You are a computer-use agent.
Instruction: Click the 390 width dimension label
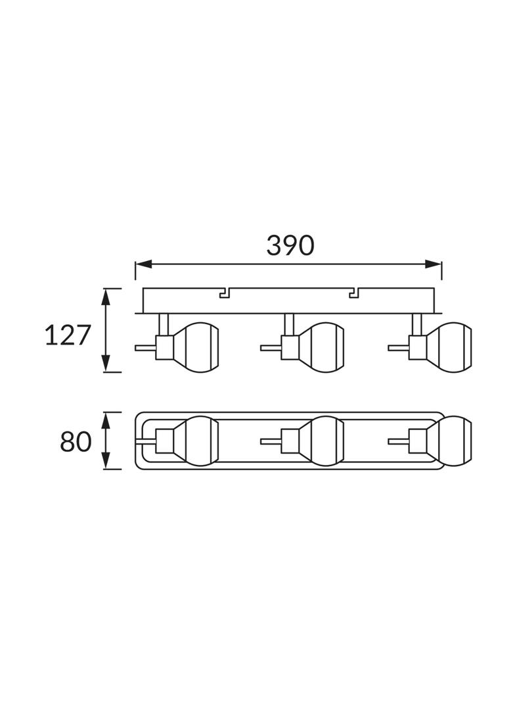[290, 245]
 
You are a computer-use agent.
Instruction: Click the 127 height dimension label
[68, 335]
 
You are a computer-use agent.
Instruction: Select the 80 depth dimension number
[76, 442]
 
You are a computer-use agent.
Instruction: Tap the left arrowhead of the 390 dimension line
[144, 264]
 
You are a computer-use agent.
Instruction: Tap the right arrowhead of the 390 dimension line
[433, 264]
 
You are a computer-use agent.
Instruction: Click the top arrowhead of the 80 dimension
[106, 421]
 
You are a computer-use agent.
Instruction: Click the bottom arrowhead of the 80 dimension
[106, 461]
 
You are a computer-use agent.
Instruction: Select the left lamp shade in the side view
[196, 347]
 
